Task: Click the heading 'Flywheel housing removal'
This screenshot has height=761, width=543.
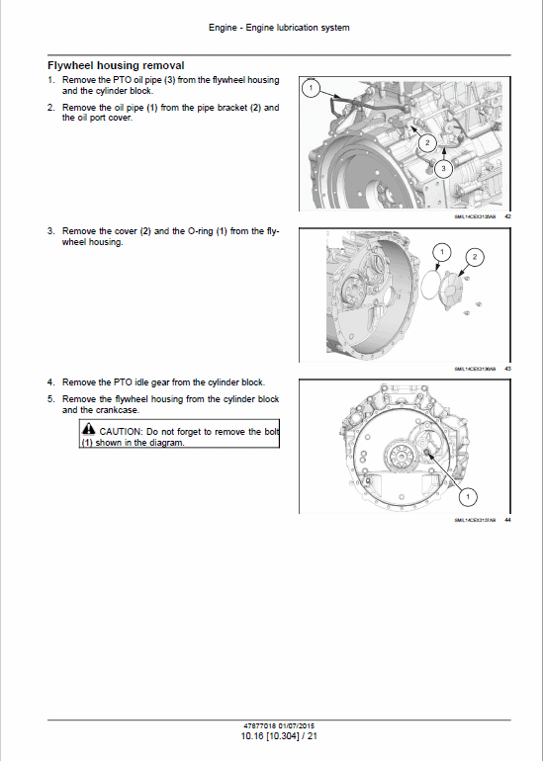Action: coord(116,65)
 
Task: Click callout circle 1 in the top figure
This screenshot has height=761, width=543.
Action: coord(310,90)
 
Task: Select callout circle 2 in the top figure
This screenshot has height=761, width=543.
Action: coord(426,143)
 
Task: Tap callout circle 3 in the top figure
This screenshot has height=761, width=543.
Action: coord(444,169)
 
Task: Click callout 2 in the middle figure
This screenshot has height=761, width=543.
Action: coord(474,258)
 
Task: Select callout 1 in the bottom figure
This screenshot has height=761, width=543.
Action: coord(468,495)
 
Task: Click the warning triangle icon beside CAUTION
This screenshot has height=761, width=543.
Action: coord(88,431)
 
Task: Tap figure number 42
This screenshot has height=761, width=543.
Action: coord(507,214)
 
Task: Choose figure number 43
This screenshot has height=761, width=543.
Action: coord(507,368)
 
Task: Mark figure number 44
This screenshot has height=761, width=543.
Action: coord(507,520)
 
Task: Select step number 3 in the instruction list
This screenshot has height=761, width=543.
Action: coord(50,231)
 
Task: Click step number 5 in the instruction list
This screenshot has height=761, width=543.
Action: coord(50,399)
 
